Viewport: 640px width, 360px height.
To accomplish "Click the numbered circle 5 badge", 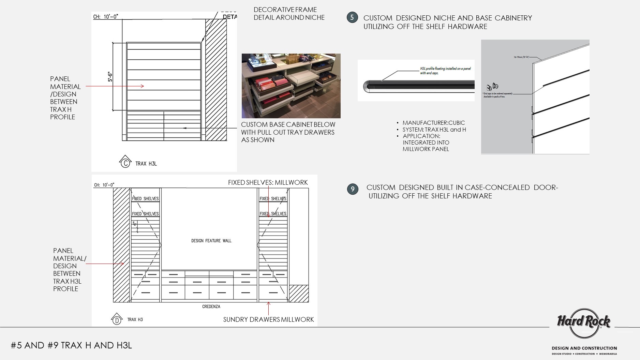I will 352,17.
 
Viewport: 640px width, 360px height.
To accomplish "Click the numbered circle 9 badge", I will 353,189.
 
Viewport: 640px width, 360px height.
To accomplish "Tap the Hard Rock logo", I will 583,322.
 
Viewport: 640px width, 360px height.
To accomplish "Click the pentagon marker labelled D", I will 117,319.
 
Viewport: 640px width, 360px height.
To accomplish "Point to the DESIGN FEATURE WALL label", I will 211,241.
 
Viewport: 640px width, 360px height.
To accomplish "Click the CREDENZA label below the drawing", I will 211,306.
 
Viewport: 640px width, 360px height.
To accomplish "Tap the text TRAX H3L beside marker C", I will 146,164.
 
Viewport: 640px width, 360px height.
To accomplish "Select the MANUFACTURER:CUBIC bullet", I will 433,123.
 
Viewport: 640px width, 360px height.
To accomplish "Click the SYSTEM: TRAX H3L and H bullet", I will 434,130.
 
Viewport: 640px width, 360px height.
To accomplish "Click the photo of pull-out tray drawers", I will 291,86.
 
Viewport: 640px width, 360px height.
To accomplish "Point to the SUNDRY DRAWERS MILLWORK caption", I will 268,319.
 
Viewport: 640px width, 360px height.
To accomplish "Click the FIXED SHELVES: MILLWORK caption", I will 268,183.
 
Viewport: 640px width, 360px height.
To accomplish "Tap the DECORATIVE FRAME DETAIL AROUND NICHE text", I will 289,14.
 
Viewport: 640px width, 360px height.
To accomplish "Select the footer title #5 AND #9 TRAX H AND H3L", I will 71,345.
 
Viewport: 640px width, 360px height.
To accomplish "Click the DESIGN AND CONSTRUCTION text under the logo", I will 584,348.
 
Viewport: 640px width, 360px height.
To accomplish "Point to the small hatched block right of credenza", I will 299,293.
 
